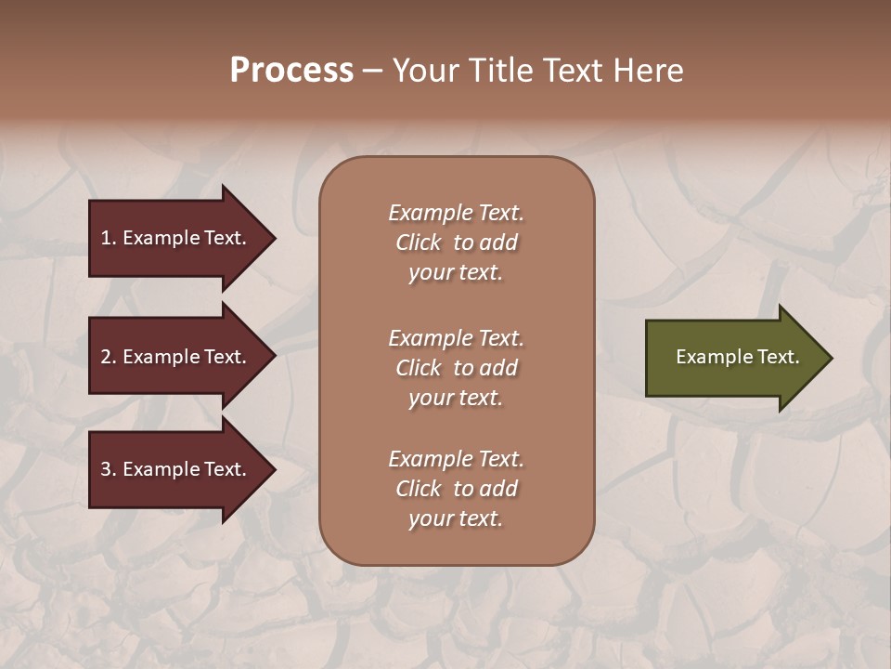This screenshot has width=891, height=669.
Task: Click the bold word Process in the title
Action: (x=291, y=71)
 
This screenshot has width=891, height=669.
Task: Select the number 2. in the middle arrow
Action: (x=108, y=357)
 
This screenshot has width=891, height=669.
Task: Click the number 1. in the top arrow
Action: (x=108, y=238)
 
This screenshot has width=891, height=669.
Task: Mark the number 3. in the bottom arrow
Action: (x=108, y=469)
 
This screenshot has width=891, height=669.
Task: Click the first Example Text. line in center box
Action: (x=456, y=213)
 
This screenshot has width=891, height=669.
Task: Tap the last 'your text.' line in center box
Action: (x=456, y=518)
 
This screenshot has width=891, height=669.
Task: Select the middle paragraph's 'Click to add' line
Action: (x=456, y=368)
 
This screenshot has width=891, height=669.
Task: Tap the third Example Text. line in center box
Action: (x=456, y=459)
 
